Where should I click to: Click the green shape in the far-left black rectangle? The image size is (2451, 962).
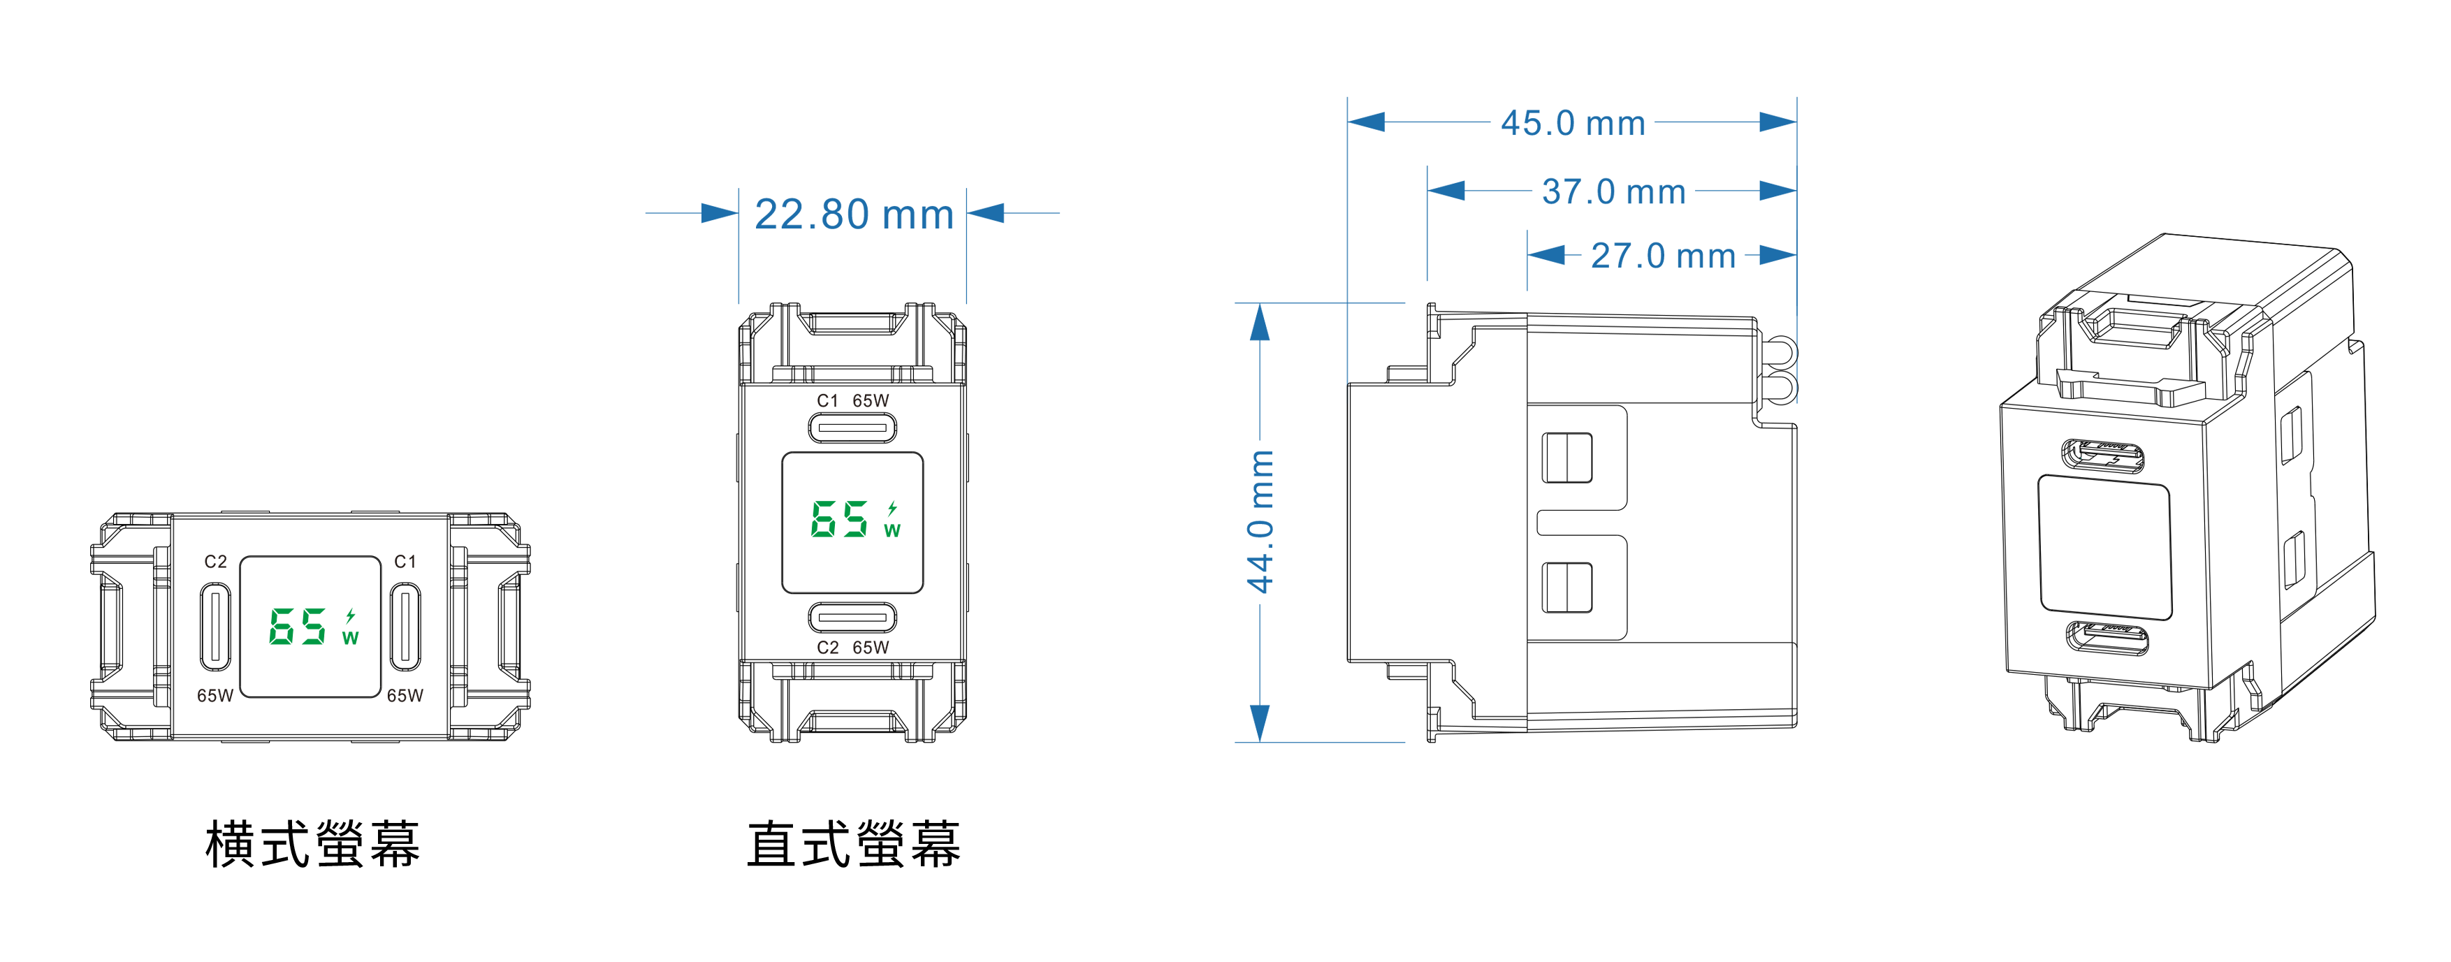click(311, 626)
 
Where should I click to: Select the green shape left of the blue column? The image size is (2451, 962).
click(854, 520)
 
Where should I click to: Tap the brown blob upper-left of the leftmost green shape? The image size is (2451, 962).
click(212, 557)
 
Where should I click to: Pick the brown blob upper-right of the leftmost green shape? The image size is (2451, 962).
click(408, 557)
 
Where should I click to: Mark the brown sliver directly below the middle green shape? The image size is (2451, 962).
click(854, 646)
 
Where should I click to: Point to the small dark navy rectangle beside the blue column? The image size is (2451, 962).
click(1325, 394)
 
